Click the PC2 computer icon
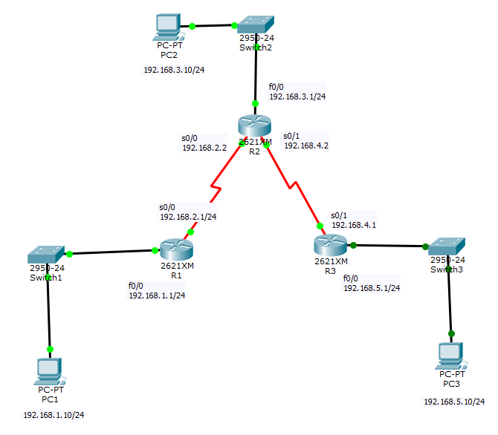pyautogui.click(x=166, y=27)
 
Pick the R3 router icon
pyautogui.click(x=330, y=244)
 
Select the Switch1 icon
pyautogui.click(x=46, y=253)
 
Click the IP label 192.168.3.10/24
pyautogui.click(x=174, y=70)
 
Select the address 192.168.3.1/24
pyautogui.click(x=297, y=97)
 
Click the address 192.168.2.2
pyautogui.click(x=204, y=148)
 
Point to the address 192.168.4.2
pyautogui.click(x=306, y=145)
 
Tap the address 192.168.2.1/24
pyautogui.click(x=188, y=217)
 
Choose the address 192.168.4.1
pyautogui.click(x=354, y=224)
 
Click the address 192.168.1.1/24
pyautogui.click(x=157, y=295)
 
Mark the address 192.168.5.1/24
pyautogui.click(x=372, y=288)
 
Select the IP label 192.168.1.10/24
pyautogui.click(x=54, y=414)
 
